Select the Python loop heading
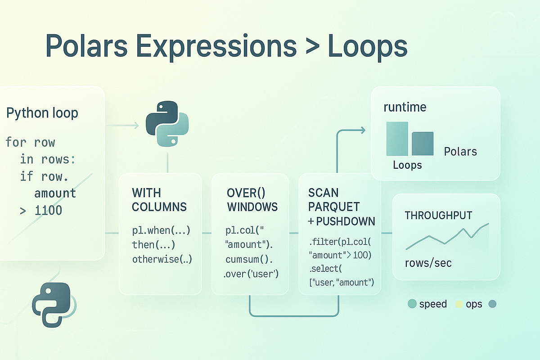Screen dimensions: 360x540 (x=42, y=113)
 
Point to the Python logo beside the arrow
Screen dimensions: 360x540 (x=167, y=124)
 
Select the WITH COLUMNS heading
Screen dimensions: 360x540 (x=159, y=200)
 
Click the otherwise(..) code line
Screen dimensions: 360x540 (x=162, y=260)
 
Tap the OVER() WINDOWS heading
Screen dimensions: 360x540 (x=252, y=200)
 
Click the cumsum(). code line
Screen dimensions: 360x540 (x=249, y=260)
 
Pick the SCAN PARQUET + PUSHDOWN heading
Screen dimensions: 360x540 (x=341, y=207)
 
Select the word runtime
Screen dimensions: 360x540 (x=405, y=108)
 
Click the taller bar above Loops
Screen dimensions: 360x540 (x=397, y=139)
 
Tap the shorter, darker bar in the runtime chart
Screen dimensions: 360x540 (x=423, y=144)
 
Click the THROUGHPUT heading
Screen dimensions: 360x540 (x=438, y=216)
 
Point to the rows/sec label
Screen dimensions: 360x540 (x=428, y=263)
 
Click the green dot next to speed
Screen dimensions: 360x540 (x=412, y=304)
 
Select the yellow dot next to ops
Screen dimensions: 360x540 (x=459, y=304)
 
